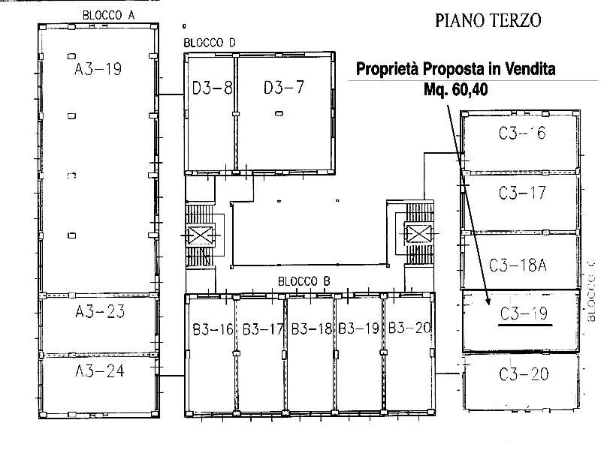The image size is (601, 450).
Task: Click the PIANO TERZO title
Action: (x=488, y=20)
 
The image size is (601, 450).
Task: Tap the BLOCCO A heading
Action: (x=108, y=15)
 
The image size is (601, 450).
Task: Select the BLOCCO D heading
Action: (x=210, y=43)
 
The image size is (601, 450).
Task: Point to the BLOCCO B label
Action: (x=304, y=282)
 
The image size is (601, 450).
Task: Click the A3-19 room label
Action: (x=98, y=69)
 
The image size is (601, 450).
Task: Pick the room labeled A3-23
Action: (x=100, y=311)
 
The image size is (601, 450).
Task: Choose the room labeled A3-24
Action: (x=100, y=370)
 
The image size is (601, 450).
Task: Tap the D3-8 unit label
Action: (x=213, y=88)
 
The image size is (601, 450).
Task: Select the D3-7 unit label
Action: (x=284, y=88)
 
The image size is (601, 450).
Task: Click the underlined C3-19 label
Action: (x=524, y=313)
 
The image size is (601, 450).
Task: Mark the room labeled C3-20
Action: (x=524, y=373)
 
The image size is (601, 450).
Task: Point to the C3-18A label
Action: (x=518, y=265)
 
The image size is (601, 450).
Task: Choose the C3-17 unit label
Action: (x=522, y=193)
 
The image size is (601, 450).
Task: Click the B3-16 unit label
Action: (x=213, y=329)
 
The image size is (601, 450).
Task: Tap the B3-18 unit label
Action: (x=312, y=329)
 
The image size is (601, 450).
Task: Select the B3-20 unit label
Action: (x=409, y=328)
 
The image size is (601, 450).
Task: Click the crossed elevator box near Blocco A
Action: (x=200, y=235)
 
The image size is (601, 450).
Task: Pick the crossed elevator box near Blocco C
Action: (x=418, y=233)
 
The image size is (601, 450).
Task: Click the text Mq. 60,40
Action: (x=456, y=89)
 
